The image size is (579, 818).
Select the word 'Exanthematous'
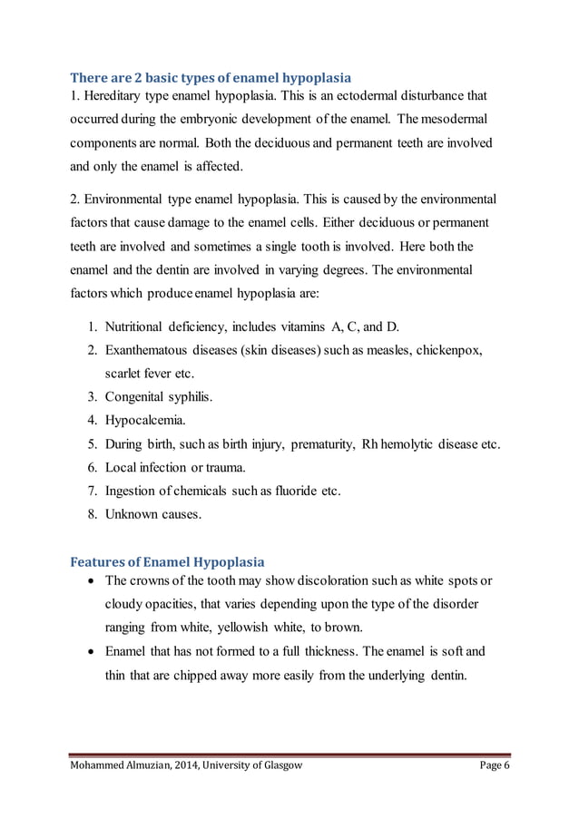(x=149, y=350)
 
